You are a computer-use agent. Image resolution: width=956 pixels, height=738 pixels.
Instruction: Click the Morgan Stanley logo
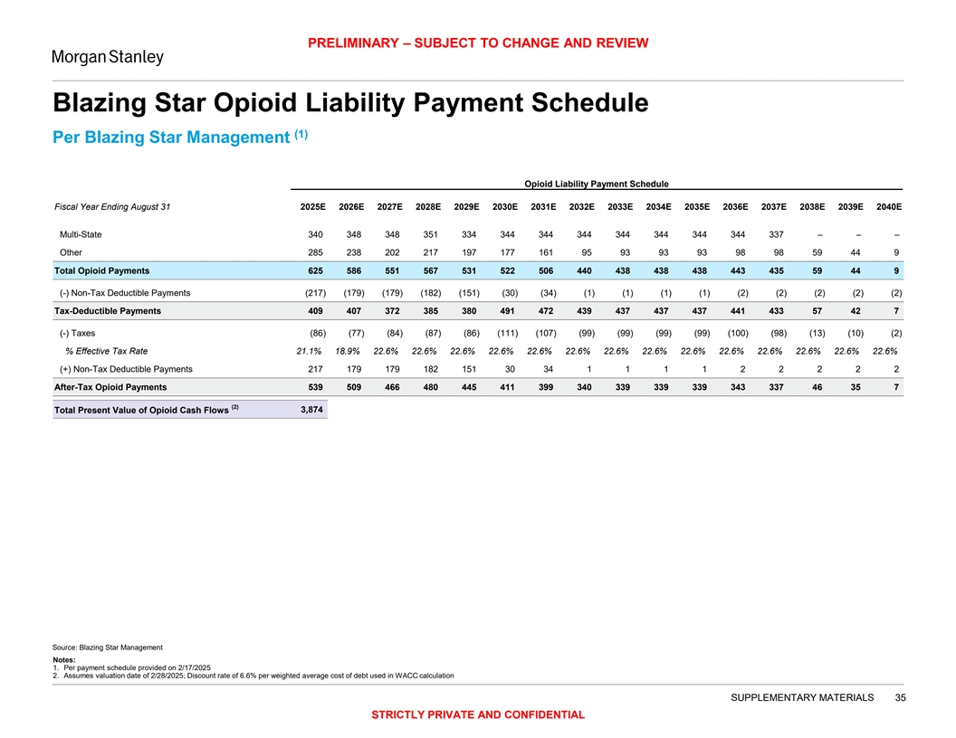pyautogui.click(x=107, y=57)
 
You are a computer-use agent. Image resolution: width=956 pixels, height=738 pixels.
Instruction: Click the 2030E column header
pyautogui.click(x=504, y=206)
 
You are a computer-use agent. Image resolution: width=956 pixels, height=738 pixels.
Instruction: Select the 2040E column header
pyautogui.click(x=888, y=206)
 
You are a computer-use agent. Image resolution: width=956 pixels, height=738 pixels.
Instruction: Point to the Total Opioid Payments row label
pyautogui.click(x=102, y=270)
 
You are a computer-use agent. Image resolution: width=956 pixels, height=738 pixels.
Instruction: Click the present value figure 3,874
pyautogui.click(x=311, y=410)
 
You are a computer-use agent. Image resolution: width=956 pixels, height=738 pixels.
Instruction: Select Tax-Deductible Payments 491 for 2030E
pyautogui.click(x=507, y=311)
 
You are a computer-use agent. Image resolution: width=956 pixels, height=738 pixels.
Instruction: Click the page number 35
pyautogui.click(x=900, y=697)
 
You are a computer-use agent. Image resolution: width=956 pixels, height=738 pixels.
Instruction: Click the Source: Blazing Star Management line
pyautogui.click(x=109, y=648)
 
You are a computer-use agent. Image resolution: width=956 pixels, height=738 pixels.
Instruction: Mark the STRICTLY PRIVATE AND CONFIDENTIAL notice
pyautogui.click(x=478, y=715)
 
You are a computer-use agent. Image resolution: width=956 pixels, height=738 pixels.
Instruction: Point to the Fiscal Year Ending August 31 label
pyautogui.click(x=112, y=206)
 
